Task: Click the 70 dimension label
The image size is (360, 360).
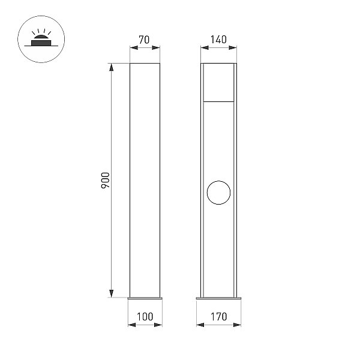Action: (x=144, y=40)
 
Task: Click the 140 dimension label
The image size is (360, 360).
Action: (x=218, y=40)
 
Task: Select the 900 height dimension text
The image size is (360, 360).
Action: (x=106, y=180)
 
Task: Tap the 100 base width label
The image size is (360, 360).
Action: (x=145, y=317)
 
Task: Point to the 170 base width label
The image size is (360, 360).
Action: (x=219, y=317)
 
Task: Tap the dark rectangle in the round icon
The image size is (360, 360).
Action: (x=41, y=43)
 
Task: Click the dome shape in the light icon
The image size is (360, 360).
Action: (x=41, y=37)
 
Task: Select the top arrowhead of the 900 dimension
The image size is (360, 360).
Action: (x=112, y=67)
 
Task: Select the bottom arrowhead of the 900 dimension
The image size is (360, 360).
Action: (x=112, y=293)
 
